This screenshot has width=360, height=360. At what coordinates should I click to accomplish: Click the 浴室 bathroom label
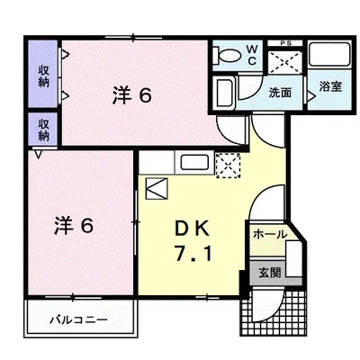(x=329, y=86)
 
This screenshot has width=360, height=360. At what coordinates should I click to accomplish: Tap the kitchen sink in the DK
(x=195, y=164)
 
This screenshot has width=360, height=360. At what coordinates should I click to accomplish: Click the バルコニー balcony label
(x=78, y=319)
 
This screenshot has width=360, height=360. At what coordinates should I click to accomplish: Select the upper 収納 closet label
(x=42, y=76)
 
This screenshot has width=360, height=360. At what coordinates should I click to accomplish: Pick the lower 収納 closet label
(x=42, y=128)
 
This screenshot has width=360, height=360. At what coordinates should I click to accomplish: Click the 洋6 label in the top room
(x=131, y=93)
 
